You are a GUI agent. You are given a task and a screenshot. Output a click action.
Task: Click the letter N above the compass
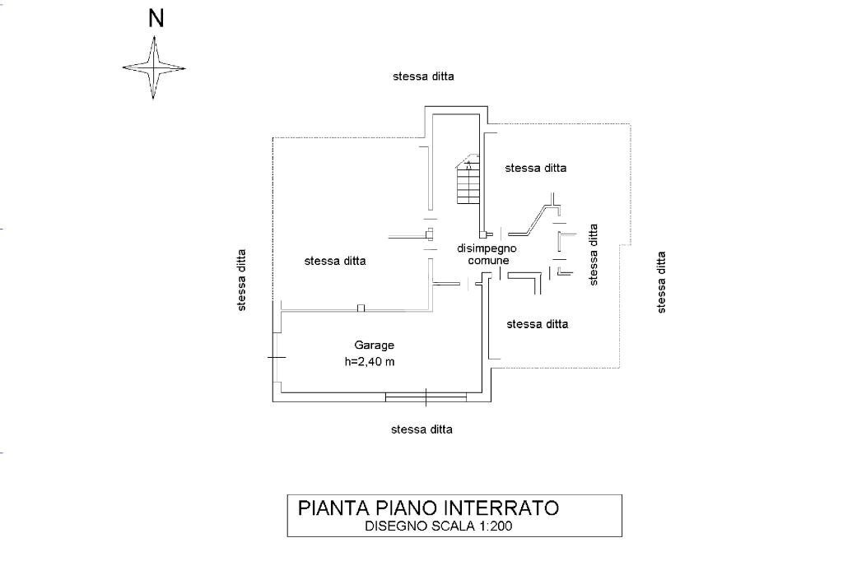pyautogui.click(x=155, y=20)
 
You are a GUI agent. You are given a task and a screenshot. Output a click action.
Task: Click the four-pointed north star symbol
pyautogui.click(x=154, y=68)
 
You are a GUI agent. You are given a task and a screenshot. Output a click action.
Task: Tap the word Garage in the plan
pyautogui.click(x=375, y=345)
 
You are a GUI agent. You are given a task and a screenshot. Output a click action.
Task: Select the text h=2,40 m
pyautogui.click(x=370, y=362)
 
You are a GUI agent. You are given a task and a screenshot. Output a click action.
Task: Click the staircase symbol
pyautogui.click(x=468, y=180)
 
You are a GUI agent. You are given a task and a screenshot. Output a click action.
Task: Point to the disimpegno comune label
pyautogui.click(x=487, y=253)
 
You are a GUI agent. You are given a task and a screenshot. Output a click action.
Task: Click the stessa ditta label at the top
pyautogui.click(x=423, y=76)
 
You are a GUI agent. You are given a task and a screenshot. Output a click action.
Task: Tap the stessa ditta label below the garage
pyautogui.click(x=421, y=429)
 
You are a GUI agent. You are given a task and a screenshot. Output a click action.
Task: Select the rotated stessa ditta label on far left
pyautogui.click(x=242, y=280)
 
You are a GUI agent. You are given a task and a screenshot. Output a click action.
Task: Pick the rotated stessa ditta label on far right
pyautogui.click(x=661, y=282)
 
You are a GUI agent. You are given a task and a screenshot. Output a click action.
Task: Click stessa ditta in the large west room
pyautogui.click(x=335, y=261)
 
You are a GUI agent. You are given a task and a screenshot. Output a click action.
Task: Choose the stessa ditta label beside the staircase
pyautogui.click(x=536, y=168)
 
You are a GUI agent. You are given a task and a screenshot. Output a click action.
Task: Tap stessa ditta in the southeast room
pyautogui.click(x=538, y=324)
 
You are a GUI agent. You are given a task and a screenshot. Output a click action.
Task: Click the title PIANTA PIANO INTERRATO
pyautogui.click(x=428, y=508)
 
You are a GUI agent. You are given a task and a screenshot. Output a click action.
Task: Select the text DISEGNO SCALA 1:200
pyautogui.click(x=439, y=527)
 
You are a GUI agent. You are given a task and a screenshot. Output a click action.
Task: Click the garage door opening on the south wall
pyautogui.click(x=426, y=398)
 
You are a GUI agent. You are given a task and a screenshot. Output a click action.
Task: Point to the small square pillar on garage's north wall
pyautogui.click(x=361, y=308)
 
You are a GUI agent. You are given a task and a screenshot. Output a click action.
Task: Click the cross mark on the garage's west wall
pyautogui.click(x=277, y=357)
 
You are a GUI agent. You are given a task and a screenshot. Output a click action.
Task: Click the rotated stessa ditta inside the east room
pyautogui.click(x=593, y=255)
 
